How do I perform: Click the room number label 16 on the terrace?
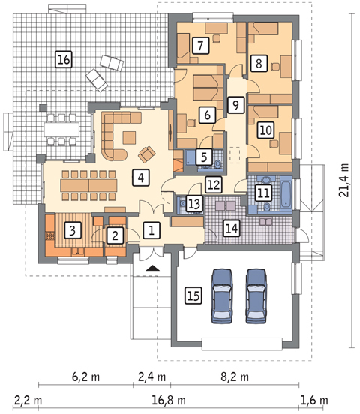point(64,59)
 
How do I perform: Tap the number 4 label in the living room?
point(141,178)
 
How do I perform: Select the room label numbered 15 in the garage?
point(193,295)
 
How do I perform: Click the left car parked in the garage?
point(222,296)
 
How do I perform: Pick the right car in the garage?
point(256,296)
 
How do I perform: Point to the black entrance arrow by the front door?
point(153,268)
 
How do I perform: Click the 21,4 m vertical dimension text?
point(343,180)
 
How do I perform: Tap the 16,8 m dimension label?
point(169,400)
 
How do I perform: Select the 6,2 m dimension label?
point(85,376)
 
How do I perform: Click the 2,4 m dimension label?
point(151,376)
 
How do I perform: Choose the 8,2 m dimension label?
point(235,376)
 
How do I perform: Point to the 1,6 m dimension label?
point(314,400)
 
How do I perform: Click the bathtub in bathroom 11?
point(286,194)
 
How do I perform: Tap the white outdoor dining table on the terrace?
point(61,130)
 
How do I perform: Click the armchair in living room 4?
point(146,154)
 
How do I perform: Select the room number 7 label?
point(201,46)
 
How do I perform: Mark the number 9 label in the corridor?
point(235,105)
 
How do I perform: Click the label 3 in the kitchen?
point(72,229)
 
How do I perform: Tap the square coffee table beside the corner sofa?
point(130,138)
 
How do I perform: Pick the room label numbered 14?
point(232,228)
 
